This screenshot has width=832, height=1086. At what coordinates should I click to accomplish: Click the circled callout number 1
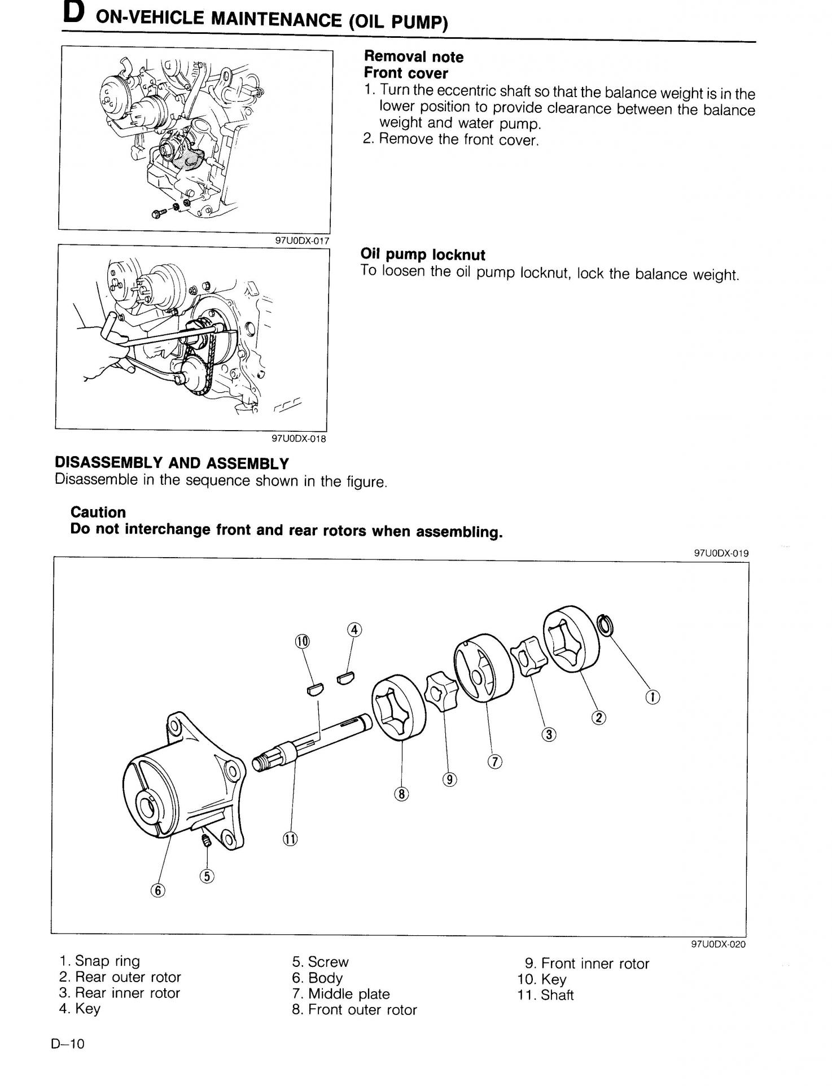click(653, 698)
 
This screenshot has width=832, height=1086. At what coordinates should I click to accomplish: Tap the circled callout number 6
click(158, 890)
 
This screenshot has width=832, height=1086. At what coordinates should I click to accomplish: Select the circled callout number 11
click(290, 839)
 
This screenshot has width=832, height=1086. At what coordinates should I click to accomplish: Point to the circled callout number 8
click(401, 794)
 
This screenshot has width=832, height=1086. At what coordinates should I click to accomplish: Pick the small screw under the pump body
click(207, 842)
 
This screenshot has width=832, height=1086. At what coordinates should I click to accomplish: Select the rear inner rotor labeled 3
click(529, 655)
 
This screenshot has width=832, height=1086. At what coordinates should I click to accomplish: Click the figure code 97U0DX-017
click(301, 240)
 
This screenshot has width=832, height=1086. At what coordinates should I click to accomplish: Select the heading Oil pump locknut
click(423, 255)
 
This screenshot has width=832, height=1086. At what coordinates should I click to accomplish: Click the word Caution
click(98, 512)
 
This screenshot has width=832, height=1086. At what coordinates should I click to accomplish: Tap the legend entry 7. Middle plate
click(341, 994)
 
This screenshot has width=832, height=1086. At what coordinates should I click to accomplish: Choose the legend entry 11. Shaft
click(545, 995)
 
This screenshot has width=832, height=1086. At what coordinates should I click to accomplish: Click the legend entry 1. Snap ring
click(99, 961)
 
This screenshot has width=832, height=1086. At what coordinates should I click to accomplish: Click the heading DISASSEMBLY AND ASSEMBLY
click(172, 463)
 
